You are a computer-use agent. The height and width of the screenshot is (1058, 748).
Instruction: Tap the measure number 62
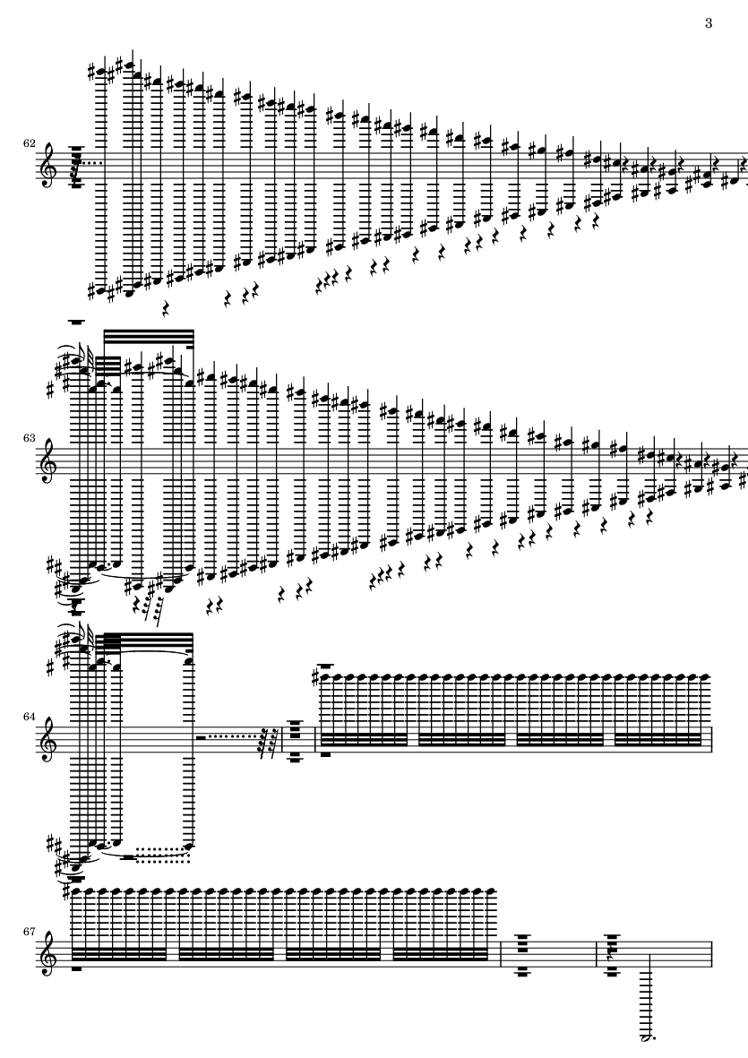(x=29, y=143)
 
